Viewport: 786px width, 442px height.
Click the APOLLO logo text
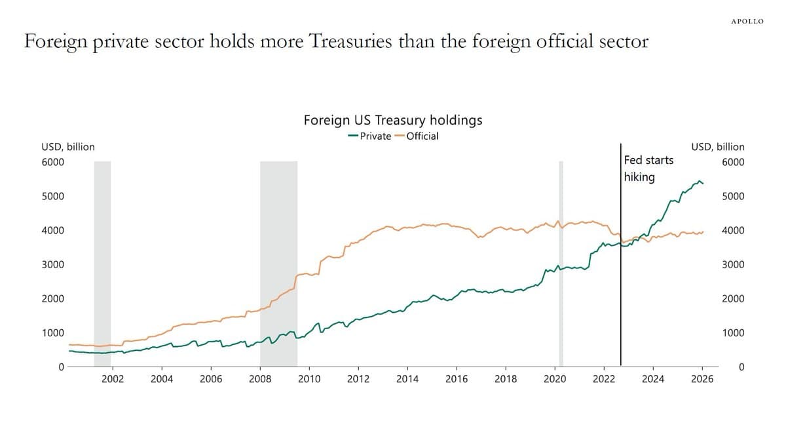(747, 22)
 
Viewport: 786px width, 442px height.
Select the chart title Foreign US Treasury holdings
(393, 120)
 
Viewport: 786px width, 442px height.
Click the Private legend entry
(369, 136)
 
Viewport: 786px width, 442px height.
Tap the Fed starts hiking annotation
(648, 169)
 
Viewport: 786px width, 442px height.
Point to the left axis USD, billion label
(68, 147)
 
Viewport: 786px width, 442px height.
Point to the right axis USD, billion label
(718, 147)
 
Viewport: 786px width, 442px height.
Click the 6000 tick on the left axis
(53, 162)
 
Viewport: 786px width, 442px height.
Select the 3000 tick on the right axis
(734, 264)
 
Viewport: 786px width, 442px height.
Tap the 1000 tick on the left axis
(53, 332)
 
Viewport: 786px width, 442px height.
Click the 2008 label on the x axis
(260, 379)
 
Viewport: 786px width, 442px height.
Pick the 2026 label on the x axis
(702, 379)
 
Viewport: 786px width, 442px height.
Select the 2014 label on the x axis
(407, 379)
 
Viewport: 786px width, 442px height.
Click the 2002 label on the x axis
(113, 379)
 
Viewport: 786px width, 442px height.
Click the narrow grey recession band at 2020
(561, 262)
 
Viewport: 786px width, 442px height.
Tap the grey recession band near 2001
(102, 262)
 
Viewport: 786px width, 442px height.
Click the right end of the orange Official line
(703, 231)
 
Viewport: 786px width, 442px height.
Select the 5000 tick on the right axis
(734, 196)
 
